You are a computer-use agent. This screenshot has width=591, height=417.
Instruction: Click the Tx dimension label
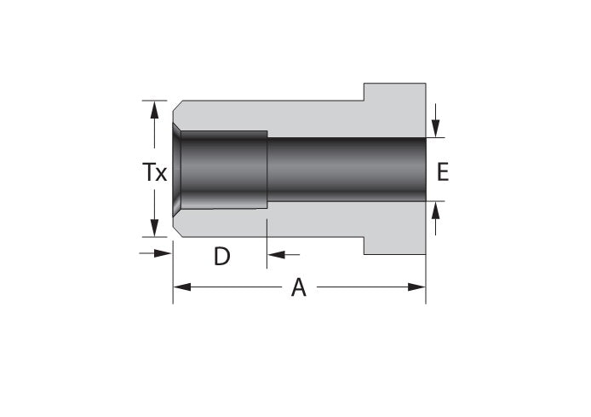coord(154,173)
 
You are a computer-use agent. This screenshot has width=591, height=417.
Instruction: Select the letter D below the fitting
coord(221,256)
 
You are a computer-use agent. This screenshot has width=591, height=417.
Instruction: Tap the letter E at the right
coord(442,172)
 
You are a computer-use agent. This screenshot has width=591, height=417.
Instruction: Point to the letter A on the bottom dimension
coord(298,288)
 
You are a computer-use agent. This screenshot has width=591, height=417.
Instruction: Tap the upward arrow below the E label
coord(436,211)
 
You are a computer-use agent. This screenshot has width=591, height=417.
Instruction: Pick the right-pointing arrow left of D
coord(164,252)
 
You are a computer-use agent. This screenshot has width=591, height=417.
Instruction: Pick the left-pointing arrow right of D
coord(277,253)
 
